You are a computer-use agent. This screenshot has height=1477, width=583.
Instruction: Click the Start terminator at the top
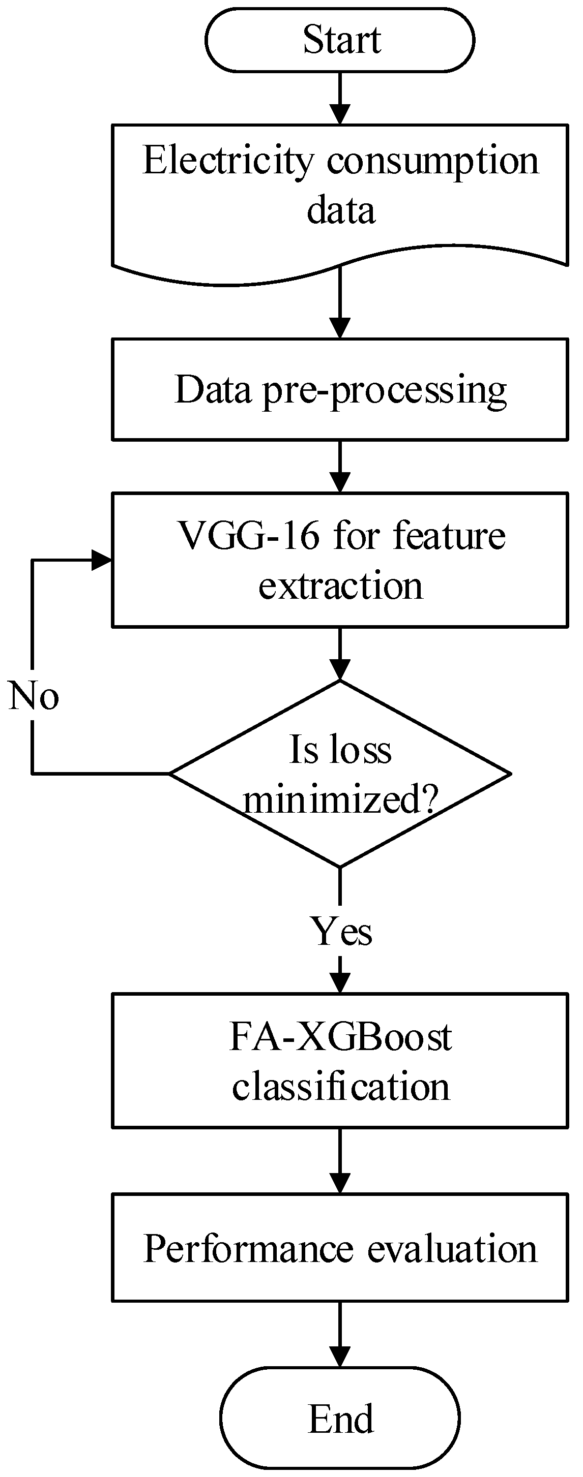pyautogui.click(x=340, y=40)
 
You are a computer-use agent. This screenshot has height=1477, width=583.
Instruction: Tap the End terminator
pyautogui.click(x=340, y=1418)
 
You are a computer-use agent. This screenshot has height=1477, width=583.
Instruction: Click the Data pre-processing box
pyautogui.click(x=340, y=389)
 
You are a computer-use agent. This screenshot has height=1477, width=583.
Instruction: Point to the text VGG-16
pyautogui.click(x=248, y=536)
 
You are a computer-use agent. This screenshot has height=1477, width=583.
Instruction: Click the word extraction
pyautogui.click(x=340, y=586)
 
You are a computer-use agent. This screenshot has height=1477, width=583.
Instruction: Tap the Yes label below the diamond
pyautogui.click(x=341, y=931)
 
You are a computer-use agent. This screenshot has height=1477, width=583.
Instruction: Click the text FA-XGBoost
pyautogui.click(x=340, y=1037)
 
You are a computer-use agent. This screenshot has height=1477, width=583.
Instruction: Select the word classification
pyautogui.click(x=340, y=1087)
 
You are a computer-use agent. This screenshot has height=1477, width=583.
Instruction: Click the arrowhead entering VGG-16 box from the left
pyautogui.click(x=102, y=560)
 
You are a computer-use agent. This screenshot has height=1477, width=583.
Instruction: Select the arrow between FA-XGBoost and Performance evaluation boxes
pyautogui.click(x=340, y=1160)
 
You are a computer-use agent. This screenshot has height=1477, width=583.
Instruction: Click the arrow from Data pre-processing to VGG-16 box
pyautogui.click(x=340, y=466)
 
